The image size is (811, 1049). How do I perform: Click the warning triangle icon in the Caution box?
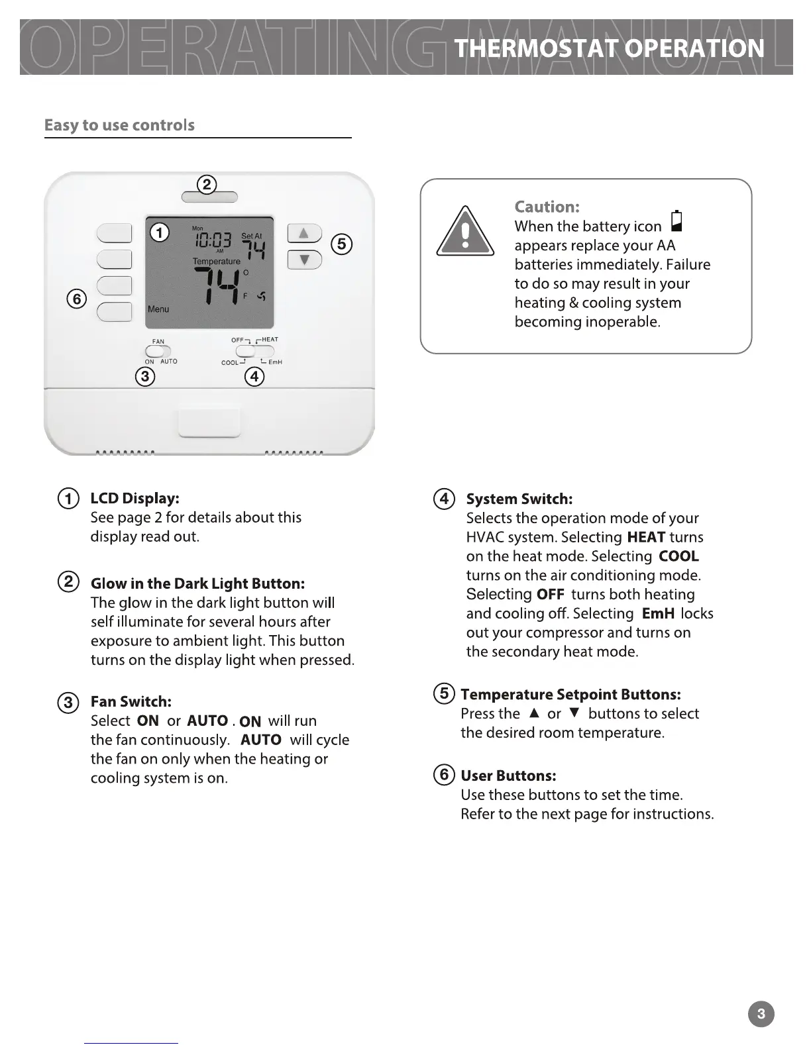click(x=465, y=232)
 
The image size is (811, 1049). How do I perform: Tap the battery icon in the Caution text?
click(x=676, y=221)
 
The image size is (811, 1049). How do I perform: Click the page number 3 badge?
click(x=761, y=1013)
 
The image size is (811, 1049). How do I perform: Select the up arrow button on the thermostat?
click(x=304, y=233)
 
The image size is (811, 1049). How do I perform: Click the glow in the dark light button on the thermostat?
click(x=209, y=197)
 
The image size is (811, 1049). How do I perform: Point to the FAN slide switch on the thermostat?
click(x=158, y=351)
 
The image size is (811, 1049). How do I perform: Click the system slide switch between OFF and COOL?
click(x=255, y=351)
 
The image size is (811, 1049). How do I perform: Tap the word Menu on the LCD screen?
click(x=158, y=309)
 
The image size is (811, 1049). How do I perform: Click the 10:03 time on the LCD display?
click(x=212, y=240)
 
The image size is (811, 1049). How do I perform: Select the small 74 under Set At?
click(x=253, y=250)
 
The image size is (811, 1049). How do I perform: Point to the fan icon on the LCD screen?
click(x=261, y=296)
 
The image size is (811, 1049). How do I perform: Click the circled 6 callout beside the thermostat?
click(x=77, y=299)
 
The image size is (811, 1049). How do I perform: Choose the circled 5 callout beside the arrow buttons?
click(x=341, y=244)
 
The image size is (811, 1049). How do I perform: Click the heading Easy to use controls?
click(x=119, y=125)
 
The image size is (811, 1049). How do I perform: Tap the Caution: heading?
click(x=547, y=207)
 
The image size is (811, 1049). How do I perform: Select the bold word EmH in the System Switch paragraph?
click(x=658, y=613)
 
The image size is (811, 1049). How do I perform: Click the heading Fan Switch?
click(x=131, y=701)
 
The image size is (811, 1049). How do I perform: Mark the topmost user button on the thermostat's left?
click(x=115, y=233)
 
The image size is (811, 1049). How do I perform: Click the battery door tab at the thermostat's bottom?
click(x=209, y=423)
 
